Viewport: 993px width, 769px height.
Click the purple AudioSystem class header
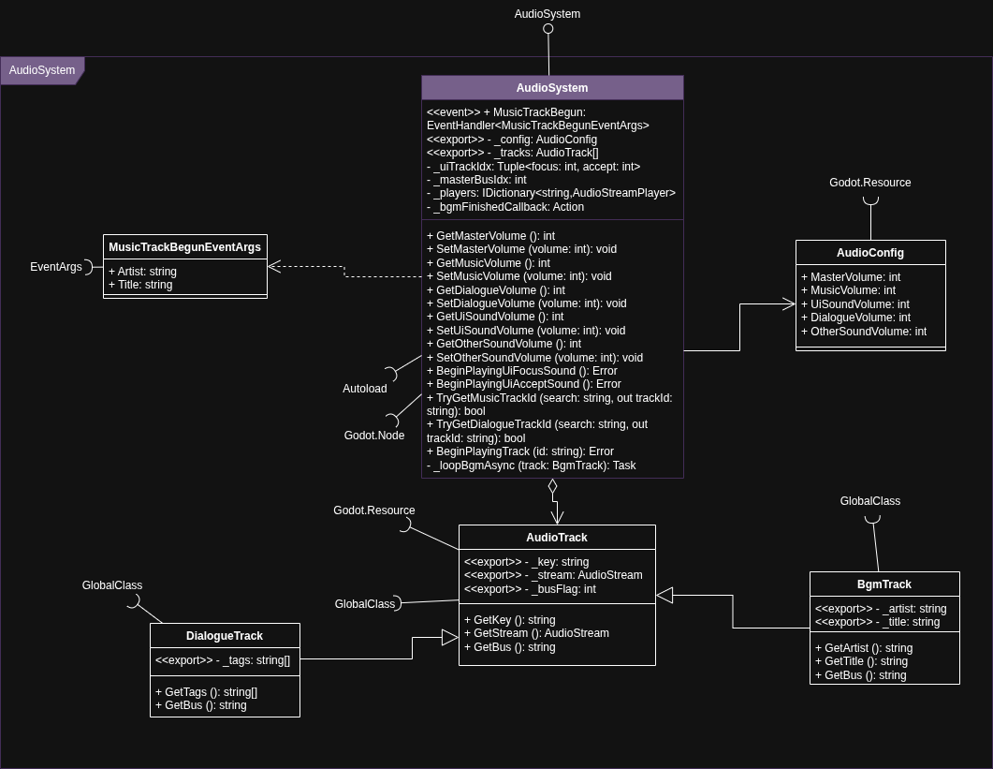pos(552,88)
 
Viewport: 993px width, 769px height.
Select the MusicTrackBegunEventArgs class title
pos(184,247)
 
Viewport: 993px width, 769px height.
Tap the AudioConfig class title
pos(870,253)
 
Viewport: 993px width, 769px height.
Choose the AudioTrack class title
pos(557,538)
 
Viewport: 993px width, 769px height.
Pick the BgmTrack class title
pos(884,584)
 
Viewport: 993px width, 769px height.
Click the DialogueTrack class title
pos(225,636)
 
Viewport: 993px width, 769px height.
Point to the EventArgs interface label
pos(56,267)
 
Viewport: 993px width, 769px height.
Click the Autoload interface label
pos(365,389)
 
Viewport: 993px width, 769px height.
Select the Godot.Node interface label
pos(374,436)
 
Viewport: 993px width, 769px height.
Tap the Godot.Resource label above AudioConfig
pos(870,183)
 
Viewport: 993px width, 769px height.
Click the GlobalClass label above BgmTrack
pos(870,501)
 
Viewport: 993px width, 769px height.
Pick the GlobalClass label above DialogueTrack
pos(112,585)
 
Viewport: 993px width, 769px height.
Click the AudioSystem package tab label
pos(42,70)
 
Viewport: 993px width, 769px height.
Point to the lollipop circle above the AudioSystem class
pos(548,29)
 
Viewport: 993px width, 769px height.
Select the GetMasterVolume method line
pos(490,236)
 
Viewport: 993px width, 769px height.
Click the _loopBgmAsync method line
pos(532,465)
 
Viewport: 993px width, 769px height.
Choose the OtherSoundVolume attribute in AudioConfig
pos(869,332)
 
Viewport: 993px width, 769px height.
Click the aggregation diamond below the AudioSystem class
pos(552,486)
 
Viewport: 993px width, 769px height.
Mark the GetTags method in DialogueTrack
pos(206,692)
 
